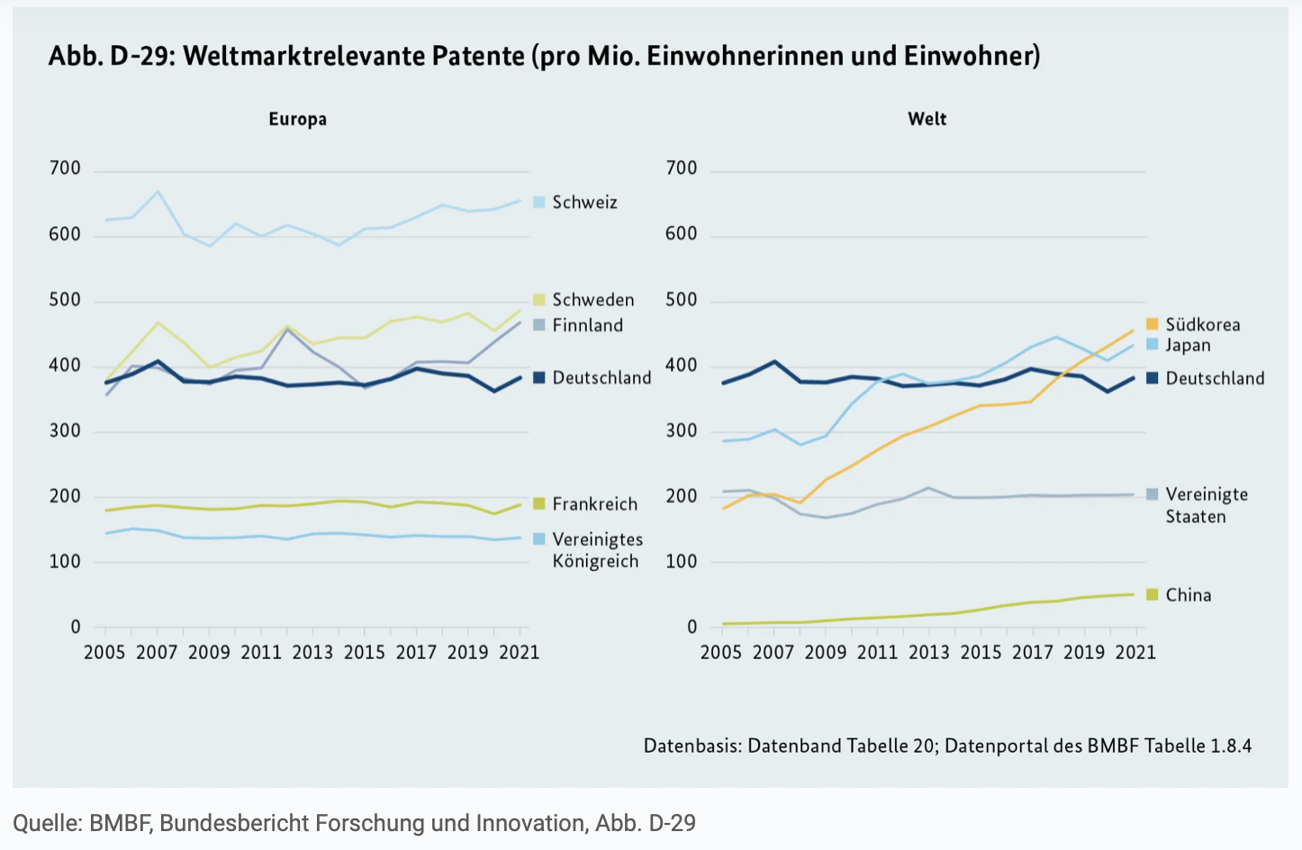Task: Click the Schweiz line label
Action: coord(584,203)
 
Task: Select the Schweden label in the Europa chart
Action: coord(592,300)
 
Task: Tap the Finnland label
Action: coord(587,325)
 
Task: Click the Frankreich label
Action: coord(594,504)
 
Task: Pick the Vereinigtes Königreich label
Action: coord(597,550)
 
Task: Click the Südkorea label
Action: coord(1202,324)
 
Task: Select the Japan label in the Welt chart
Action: coord(1188,345)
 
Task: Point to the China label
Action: coord(1188,595)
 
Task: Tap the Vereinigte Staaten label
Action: coord(1206,505)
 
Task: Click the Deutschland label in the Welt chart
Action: coord(1215,378)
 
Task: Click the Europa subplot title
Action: coord(297,119)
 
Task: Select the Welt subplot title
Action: coord(927,119)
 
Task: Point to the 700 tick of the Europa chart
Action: coord(65,168)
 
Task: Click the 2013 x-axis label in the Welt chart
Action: coord(928,652)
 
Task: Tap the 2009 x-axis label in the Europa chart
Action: coord(209,652)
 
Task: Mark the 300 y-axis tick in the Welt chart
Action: coord(681,430)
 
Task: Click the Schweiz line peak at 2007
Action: coord(158,192)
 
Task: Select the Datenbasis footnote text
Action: coord(946,746)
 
